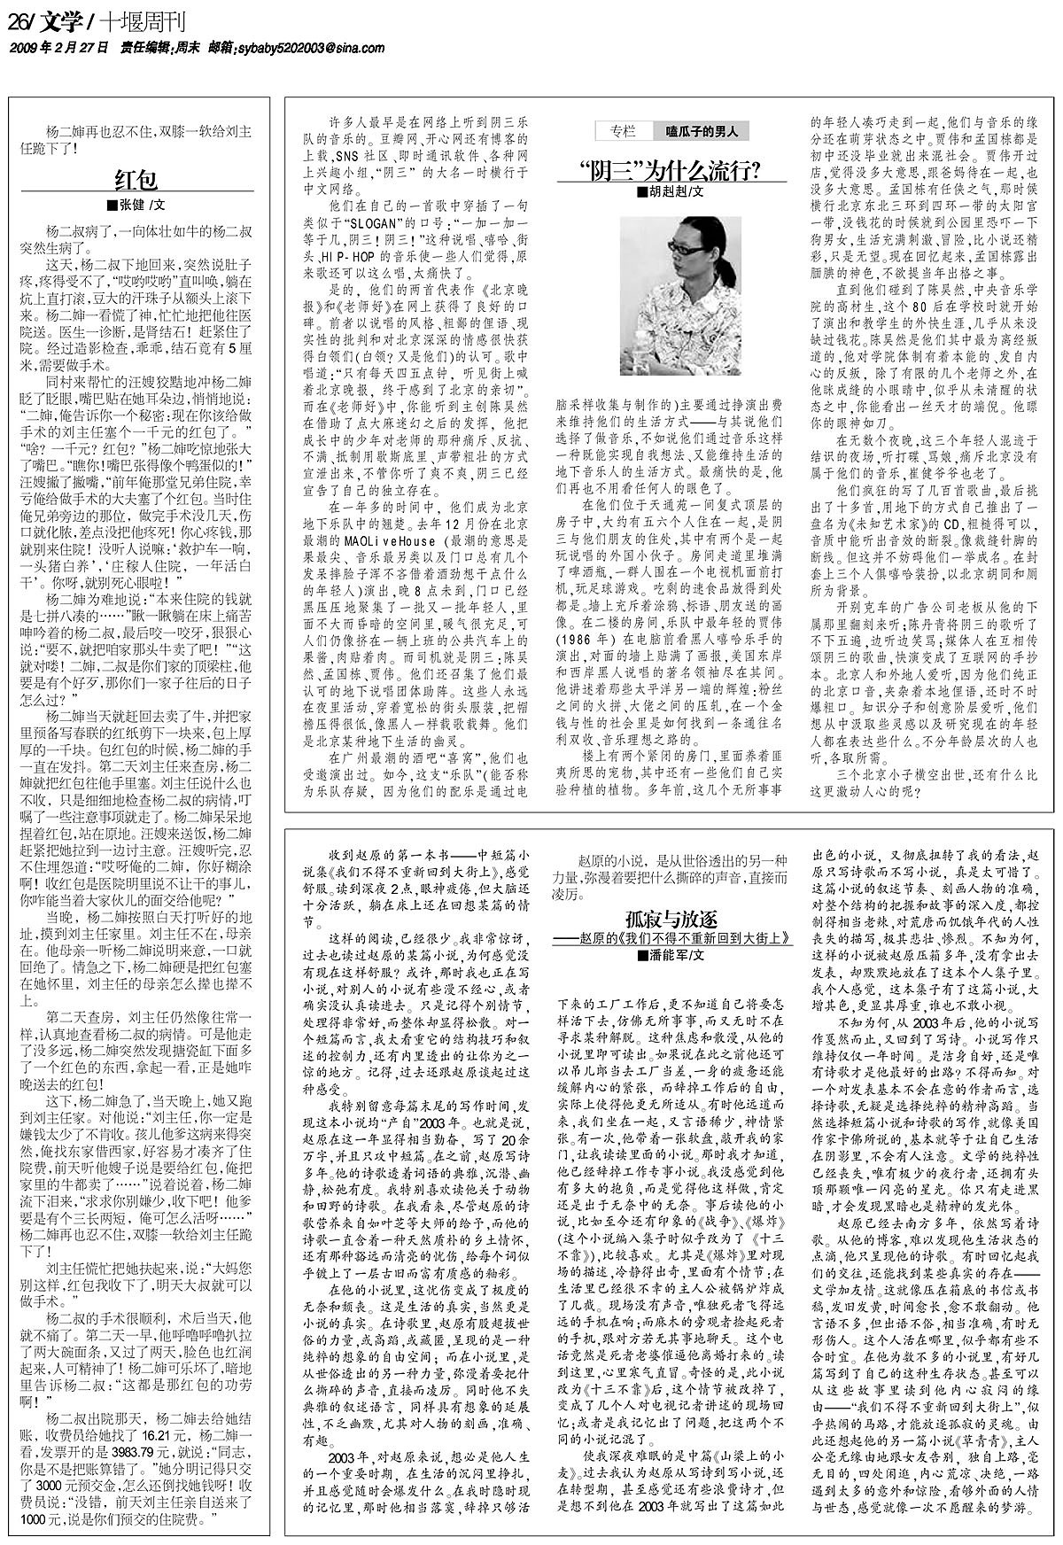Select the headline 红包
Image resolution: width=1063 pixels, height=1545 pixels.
pyautogui.click(x=136, y=180)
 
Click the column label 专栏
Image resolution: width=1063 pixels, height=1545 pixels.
pyautogui.click(x=623, y=132)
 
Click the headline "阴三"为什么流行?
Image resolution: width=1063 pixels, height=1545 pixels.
pyautogui.click(x=671, y=168)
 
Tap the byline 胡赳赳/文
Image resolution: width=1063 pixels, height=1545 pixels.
pyautogui.click(x=671, y=191)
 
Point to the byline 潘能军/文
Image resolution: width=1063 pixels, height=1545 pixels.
pyautogui.click(x=671, y=930)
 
